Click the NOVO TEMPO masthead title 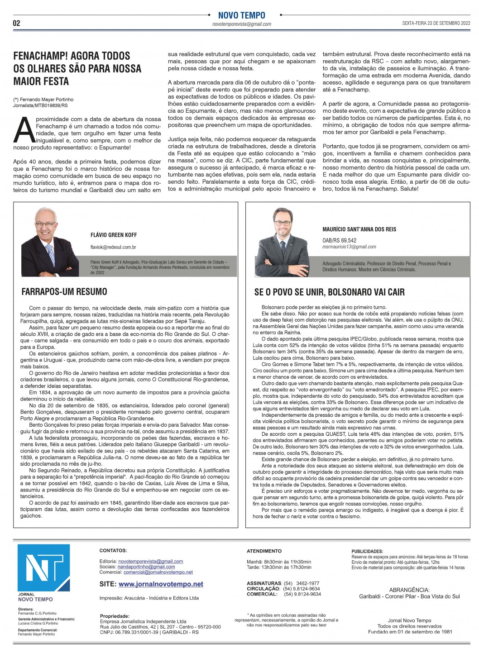click(241, 15)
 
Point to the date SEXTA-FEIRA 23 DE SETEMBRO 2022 click(436, 24)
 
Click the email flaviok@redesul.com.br click(113, 247)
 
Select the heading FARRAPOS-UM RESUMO click(64, 291)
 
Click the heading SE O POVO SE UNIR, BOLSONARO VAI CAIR click(329, 292)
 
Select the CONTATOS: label click(113, 550)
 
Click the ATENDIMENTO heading click(264, 551)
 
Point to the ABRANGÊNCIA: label click(409, 590)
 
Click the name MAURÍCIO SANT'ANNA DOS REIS click(359, 229)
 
